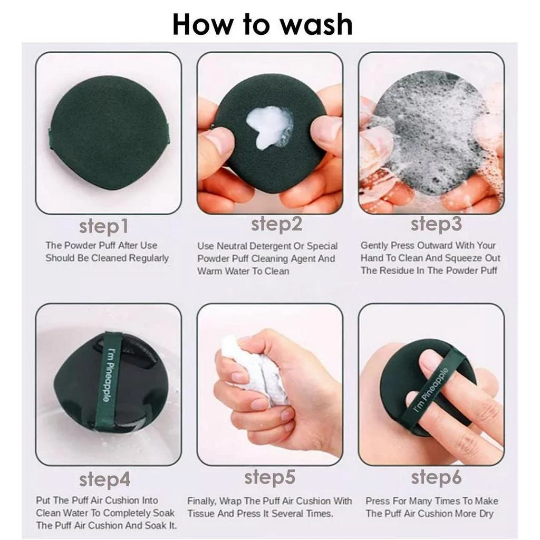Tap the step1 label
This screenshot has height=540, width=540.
tap(104, 226)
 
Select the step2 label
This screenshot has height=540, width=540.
tap(276, 224)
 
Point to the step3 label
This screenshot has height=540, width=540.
tap(436, 224)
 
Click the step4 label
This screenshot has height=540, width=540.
tap(105, 479)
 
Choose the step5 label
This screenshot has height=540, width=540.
tap(269, 478)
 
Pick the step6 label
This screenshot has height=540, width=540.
tap(436, 477)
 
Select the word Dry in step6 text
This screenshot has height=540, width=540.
tap(486, 514)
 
